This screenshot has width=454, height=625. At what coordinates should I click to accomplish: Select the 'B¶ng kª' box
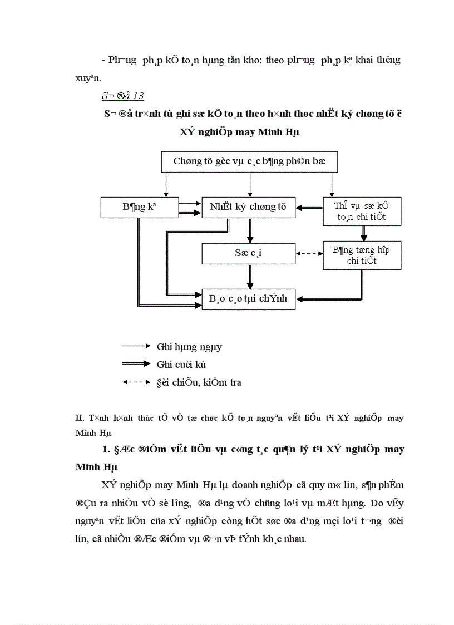(139, 207)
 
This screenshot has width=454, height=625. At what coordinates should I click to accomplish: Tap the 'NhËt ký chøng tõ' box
(248, 207)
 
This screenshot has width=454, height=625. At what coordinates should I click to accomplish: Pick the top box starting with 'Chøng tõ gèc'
(249, 161)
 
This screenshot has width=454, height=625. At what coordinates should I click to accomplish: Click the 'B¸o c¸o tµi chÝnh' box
(248, 298)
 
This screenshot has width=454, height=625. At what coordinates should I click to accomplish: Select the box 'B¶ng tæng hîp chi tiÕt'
(362, 255)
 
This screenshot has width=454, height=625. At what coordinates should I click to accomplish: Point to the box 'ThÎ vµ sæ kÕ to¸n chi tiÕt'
(362, 211)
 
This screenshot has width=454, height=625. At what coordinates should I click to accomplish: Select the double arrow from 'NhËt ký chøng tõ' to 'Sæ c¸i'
(250, 230)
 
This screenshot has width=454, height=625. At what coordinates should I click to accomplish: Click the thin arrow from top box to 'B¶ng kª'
(166, 184)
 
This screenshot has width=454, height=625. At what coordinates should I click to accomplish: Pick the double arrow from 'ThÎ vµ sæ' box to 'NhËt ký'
(309, 208)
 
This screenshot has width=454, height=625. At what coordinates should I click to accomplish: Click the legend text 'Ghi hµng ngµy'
(189, 347)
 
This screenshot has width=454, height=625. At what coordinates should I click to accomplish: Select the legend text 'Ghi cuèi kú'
(182, 364)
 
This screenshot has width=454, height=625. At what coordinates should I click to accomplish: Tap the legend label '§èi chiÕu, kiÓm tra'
(199, 382)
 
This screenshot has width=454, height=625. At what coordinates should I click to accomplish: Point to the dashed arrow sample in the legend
(136, 382)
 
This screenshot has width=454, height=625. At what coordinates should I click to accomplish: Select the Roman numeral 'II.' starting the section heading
(79, 418)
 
